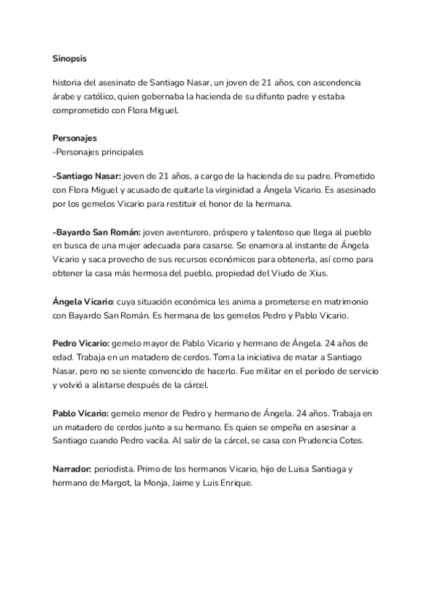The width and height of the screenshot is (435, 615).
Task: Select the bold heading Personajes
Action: click(75, 138)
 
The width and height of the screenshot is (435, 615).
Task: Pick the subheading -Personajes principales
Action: click(98, 152)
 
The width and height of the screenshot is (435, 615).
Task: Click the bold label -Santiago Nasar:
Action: click(87, 177)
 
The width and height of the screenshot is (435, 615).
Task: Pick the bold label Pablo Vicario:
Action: click(80, 413)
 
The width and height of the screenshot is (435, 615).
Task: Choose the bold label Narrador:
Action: click(72, 469)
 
